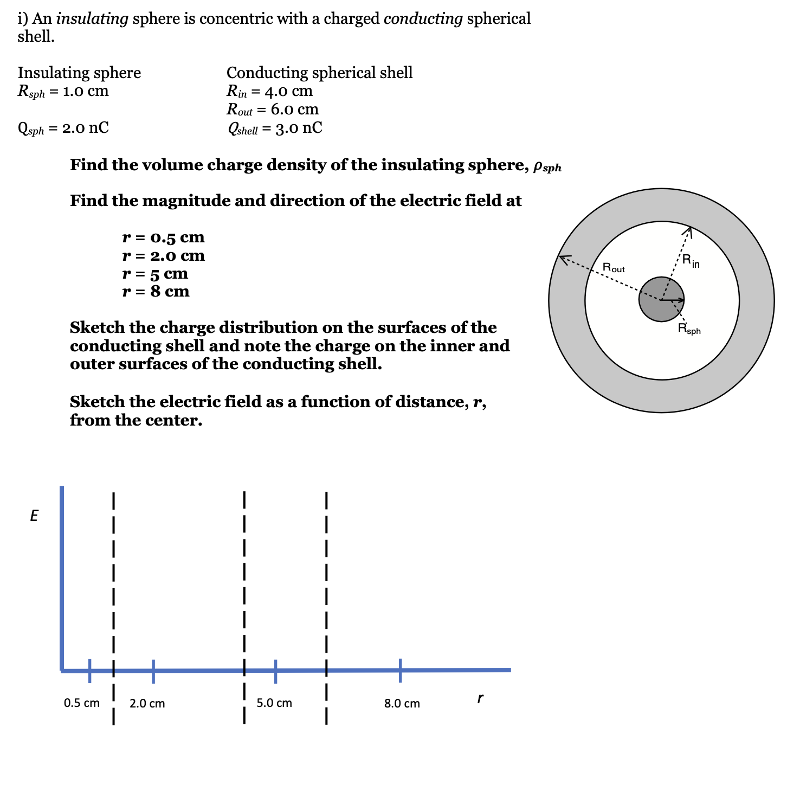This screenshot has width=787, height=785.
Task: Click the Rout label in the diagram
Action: (x=614, y=268)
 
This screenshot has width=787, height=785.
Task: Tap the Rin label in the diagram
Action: (x=691, y=261)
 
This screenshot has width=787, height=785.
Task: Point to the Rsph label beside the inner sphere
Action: (x=689, y=329)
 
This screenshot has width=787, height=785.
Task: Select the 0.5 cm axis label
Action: (x=82, y=703)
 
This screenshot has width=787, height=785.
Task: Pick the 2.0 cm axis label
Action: (x=147, y=704)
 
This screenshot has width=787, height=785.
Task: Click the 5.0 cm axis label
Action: (x=274, y=703)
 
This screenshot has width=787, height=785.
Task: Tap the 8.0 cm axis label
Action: (x=402, y=704)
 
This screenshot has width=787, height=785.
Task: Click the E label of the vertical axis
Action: (x=34, y=516)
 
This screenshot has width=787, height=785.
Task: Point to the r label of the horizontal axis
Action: (x=480, y=699)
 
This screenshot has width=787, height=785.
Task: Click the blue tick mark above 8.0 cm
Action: (x=401, y=670)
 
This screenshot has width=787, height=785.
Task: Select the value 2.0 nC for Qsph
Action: (x=86, y=128)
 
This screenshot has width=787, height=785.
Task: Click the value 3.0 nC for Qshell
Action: (x=299, y=128)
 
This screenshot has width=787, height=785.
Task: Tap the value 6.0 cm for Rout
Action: (x=294, y=110)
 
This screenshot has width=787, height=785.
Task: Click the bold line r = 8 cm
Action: (x=156, y=292)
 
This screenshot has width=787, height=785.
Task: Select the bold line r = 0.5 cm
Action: (x=164, y=237)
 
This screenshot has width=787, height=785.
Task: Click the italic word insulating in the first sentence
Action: (x=92, y=19)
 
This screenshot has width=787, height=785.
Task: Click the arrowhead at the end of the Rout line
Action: (x=564, y=258)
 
